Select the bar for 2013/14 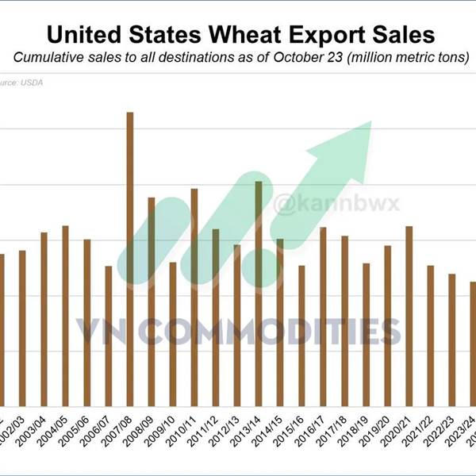pos(259,294)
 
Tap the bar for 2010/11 pos(194,297)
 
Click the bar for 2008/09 pos(152,301)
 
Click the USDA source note pos(12,81)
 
